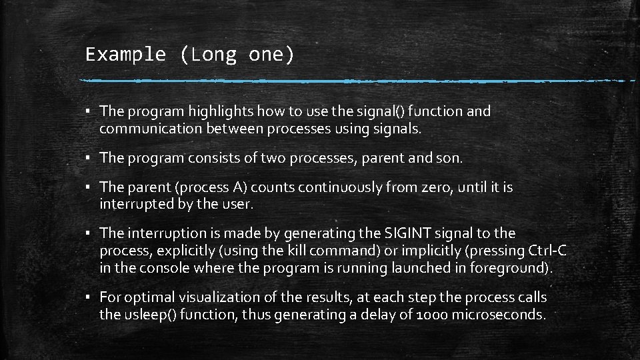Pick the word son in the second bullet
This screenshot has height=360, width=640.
pos(451,158)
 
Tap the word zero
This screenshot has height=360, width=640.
pos(437,187)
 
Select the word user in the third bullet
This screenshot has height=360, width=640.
pos(238,205)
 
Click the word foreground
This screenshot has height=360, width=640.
pos(513,268)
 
